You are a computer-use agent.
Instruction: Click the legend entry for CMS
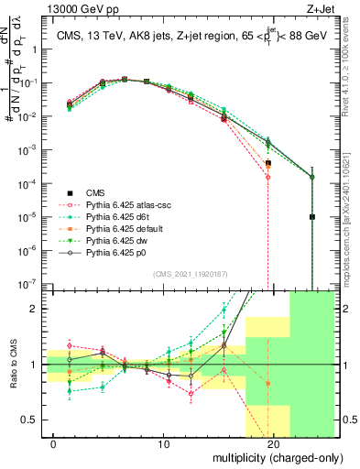[x=96, y=191]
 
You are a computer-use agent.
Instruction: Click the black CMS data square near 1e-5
[x=312, y=217]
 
